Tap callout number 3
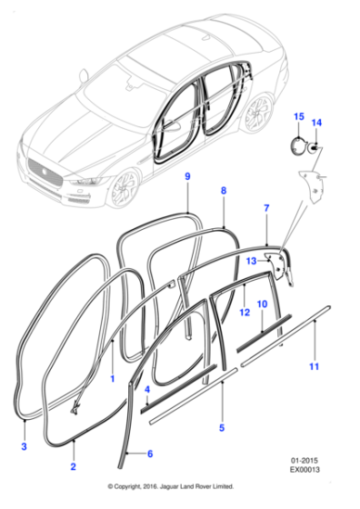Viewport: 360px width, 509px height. pos(24,448)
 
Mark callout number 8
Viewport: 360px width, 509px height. pos(223,191)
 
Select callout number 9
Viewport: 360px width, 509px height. pos(188,175)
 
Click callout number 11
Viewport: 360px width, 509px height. pos(315,366)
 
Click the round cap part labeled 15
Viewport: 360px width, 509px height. pos(297,146)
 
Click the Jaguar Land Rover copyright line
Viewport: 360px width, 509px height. pos(180,499)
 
